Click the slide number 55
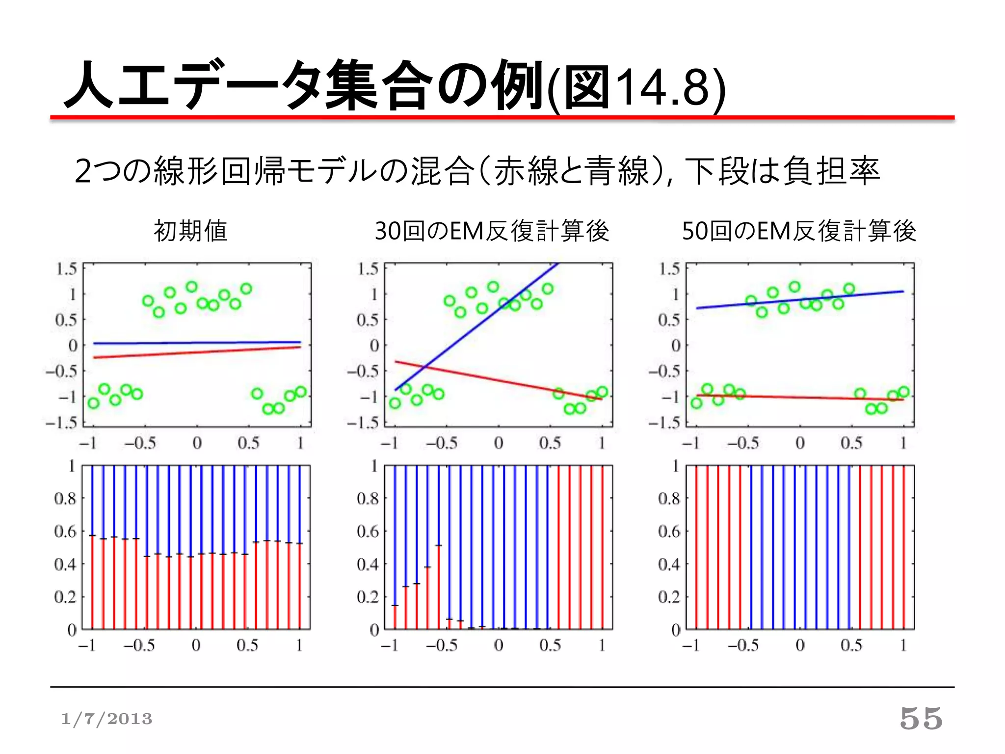tap(921, 719)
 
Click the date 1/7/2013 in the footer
tap(106, 719)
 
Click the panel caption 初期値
tap(190, 231)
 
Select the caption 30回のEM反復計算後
tap(492, 231)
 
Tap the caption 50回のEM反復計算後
tap(799, 231)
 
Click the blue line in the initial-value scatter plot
tap(196, 343)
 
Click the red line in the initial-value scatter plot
tap(196, 352)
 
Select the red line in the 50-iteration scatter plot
tap(800, 397)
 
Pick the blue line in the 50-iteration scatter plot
tap(800, 300)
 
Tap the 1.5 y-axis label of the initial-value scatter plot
tap(66, 269)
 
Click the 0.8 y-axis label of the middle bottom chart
tap(368, 498)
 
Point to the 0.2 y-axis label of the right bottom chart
tap(669, 597)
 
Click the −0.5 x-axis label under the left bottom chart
tap(139, 645)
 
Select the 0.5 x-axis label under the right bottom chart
tap(851, 645)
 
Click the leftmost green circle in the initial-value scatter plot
tap(93, 404)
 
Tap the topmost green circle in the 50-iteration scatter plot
tap(794, 287)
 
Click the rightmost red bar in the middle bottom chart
tap(602, 547)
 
